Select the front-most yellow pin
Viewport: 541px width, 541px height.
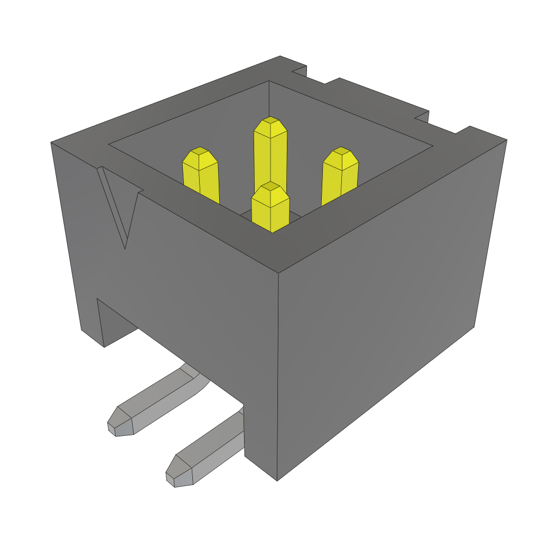point(270,209)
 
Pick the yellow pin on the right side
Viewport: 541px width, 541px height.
point(340,177)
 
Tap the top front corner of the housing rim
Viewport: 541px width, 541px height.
point(278,272)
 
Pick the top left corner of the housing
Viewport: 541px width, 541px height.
point(52,142)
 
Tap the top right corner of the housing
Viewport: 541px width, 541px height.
point(506,140)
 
